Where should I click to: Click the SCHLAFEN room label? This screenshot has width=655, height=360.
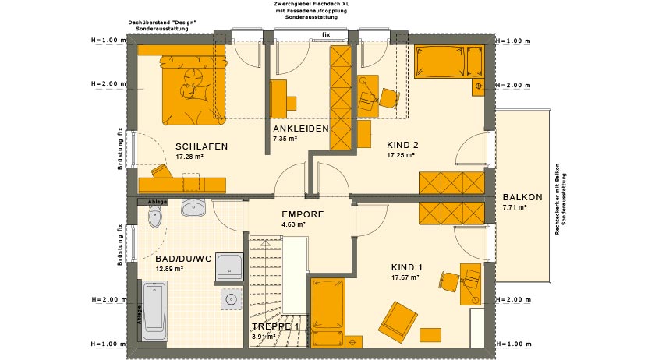point(201,146)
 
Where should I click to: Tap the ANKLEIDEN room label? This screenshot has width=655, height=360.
point(300,129)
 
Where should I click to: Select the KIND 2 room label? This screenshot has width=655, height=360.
point(403,145)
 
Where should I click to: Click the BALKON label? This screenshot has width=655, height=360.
point(522,197)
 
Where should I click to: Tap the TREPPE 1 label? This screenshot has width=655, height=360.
point(275,326)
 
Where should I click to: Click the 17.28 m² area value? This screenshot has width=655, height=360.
point(190,157)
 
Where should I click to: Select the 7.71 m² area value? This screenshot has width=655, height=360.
point(515,208)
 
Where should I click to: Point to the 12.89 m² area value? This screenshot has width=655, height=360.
point(169,269)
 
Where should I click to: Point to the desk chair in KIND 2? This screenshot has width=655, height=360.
point(388,97)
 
